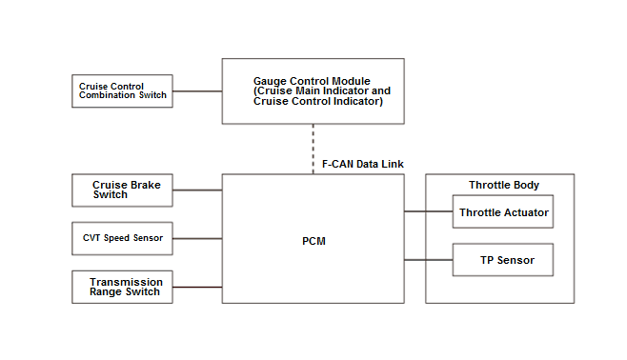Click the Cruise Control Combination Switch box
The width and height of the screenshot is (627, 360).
coord(122,91)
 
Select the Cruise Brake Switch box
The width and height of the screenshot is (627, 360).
coord(122,190)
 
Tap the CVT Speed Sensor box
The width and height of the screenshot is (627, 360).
coord(122,238)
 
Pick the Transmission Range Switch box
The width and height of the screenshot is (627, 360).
coord(122,287)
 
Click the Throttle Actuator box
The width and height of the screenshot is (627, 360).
coord(503,211)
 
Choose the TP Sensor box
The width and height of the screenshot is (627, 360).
coord(503,260)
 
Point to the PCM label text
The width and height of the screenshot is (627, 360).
coord(313,241)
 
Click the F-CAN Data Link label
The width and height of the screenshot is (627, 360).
coord(363,164)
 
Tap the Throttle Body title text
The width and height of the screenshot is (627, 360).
coord(504,185)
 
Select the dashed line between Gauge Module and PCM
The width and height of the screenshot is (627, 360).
coord(313,149)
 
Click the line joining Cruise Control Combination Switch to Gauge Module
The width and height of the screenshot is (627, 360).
coord(197,91)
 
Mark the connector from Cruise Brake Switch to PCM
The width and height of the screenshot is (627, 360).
coord(197,190)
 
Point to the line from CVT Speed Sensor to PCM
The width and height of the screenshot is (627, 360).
coord(197,238)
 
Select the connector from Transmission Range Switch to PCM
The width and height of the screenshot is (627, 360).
coord(197,287)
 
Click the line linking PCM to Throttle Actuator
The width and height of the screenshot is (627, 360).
coord(428,211)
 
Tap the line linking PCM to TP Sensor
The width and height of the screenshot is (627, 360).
coord(428,260)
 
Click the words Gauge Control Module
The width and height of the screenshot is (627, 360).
coord(312,81)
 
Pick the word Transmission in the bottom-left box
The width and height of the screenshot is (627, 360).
coord(126,282)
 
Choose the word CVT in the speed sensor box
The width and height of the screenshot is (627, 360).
coord(91,238)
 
